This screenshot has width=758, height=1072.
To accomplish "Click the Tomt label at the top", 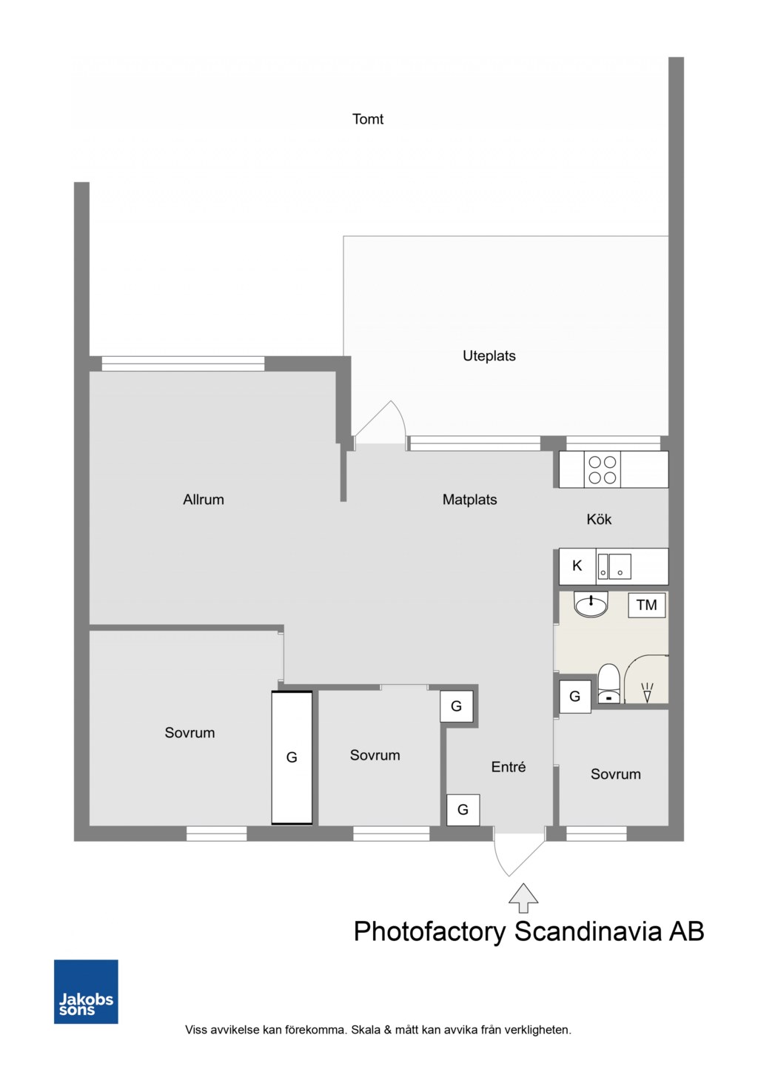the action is (367, 119).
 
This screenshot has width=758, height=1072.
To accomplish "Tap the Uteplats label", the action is (489, 356).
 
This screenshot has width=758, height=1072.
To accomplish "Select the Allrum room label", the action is (204, 500).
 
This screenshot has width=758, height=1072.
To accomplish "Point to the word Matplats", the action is (469, 500).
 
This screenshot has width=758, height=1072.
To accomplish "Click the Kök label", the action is (599, 519).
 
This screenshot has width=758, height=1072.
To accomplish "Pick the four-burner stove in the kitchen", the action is (602, 469).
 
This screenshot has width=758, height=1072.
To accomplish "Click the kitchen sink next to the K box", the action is (614, 566).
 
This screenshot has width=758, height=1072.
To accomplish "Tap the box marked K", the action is (577, 566).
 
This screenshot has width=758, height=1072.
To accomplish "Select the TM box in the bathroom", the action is (646, 605).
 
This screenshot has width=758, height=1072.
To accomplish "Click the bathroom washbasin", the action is (591, 605).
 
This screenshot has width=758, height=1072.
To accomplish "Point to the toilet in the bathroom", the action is (608, 684).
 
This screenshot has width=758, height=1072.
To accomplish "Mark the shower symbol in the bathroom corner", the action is (647, 692).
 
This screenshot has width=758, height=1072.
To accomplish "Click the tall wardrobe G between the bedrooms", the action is (292, 757).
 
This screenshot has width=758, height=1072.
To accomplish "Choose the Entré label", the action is (509, 767).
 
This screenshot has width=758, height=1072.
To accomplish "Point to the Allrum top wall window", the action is (183, 364).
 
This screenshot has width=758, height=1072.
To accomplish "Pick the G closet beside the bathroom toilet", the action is (575, 697).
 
